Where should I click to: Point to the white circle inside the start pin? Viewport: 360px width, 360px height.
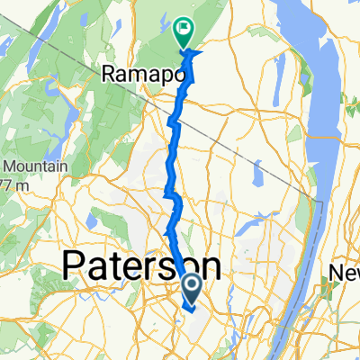point(193,286)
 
